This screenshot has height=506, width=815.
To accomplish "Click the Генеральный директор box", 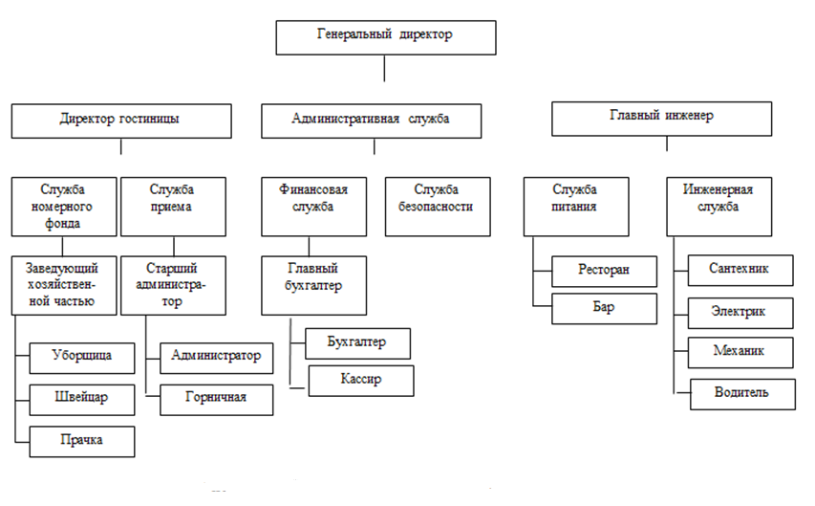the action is [386, 37].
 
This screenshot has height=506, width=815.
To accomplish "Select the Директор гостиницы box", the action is [121, 121].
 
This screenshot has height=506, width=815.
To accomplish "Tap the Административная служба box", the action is [371, 121].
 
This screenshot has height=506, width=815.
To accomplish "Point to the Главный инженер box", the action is [662, 119].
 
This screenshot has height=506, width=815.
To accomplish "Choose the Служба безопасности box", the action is [438, 207].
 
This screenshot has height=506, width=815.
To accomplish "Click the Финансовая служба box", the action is [314, 207].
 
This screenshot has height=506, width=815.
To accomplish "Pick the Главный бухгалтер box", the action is [314, 285].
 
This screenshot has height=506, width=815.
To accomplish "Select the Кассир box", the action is [361, 381].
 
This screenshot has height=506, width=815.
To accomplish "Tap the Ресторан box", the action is [605, 272].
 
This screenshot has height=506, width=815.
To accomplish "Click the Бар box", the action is [605, 309].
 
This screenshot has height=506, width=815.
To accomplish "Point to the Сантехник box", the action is [740, 270].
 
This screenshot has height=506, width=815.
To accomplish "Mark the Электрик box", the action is [740, 313].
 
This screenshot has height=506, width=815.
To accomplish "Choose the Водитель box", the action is [742, 394].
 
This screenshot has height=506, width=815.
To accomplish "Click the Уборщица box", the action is [82, 358].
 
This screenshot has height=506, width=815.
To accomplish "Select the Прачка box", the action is [82, 442].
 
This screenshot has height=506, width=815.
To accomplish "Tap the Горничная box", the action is [216, 400].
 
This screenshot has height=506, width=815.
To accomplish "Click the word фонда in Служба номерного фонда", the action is [62, 223].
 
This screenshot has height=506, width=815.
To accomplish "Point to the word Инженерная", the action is [718, 189].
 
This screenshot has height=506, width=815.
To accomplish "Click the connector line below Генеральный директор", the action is [384, 68].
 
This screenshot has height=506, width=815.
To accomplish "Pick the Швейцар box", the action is [82, 400].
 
